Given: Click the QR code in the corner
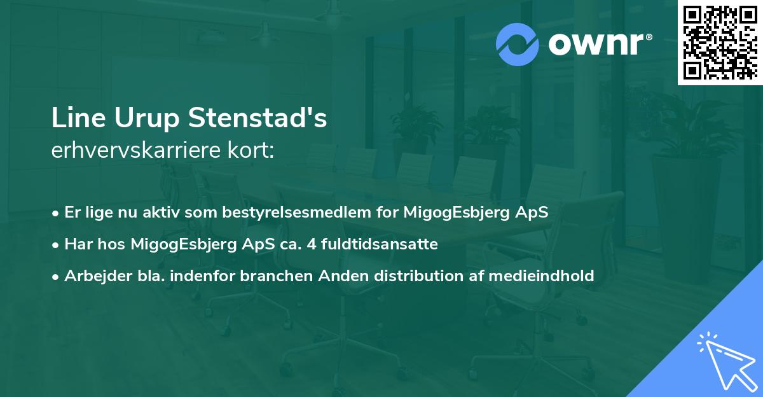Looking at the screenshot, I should point(720,42).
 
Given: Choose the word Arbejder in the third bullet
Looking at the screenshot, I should point(93,275).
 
